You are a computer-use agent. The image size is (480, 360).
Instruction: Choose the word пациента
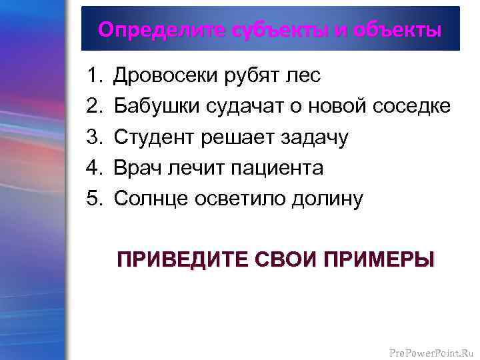(277, 168)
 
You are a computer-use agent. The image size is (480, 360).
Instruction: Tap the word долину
(326, 199)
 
